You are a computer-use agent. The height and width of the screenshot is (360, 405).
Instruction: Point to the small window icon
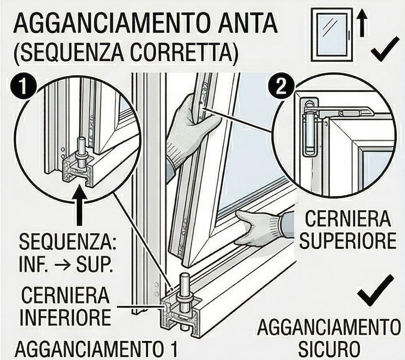(332, 35)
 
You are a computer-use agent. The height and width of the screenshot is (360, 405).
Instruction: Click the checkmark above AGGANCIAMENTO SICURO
(376, 291)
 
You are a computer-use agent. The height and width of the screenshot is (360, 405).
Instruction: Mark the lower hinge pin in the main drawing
(184, 293)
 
